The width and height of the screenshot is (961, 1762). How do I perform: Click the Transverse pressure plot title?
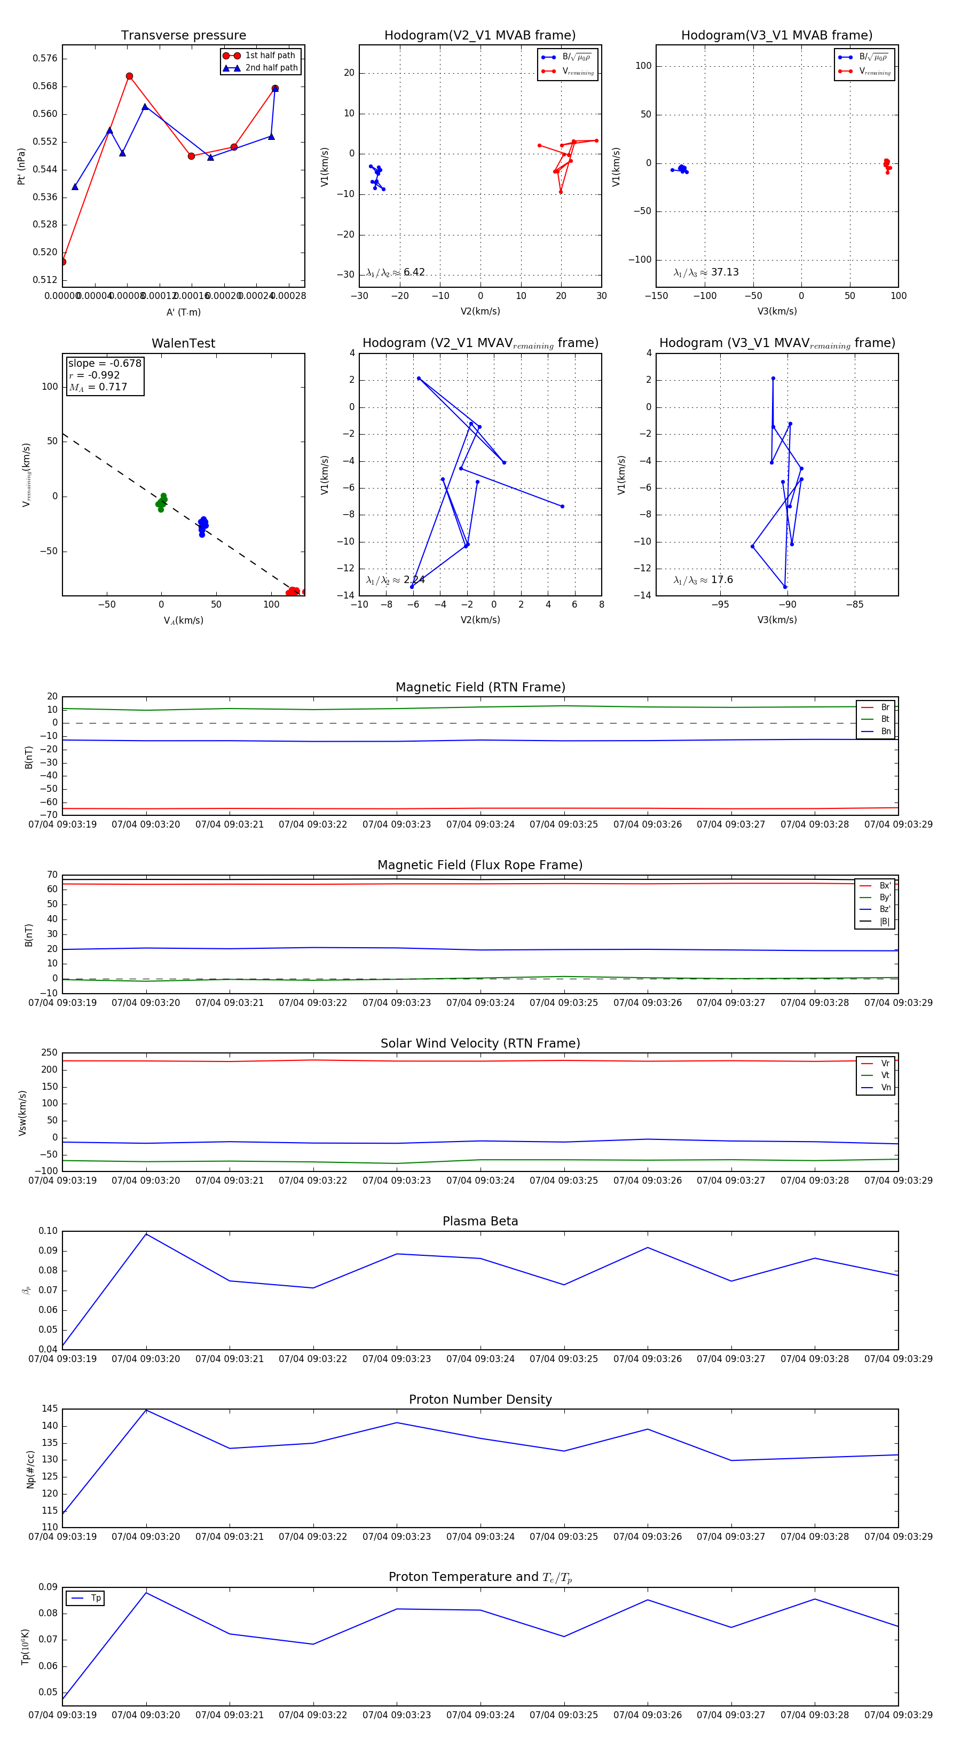(183, 36)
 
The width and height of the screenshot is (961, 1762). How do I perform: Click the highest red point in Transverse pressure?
(129, 76)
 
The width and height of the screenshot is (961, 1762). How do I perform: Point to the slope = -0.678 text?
(105, 363)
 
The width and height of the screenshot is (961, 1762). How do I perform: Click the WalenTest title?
(183, 343)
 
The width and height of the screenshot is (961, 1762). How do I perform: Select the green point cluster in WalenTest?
(161, 503)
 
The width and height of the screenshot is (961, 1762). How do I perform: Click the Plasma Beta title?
(480, 1221)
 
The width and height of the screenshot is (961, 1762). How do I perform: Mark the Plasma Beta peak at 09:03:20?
(146, 1233)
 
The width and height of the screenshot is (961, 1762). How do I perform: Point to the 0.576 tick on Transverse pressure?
(45, 59)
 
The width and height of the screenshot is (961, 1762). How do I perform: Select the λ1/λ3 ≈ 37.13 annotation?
(706, 272)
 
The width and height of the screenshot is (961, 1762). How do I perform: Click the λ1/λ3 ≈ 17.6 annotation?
(703, 580)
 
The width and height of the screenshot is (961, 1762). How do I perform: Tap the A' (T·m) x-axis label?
(183, 312)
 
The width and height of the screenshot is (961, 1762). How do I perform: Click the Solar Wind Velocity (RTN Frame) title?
(480, 1043)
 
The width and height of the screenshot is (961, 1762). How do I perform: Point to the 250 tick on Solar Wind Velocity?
(49, 1053)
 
